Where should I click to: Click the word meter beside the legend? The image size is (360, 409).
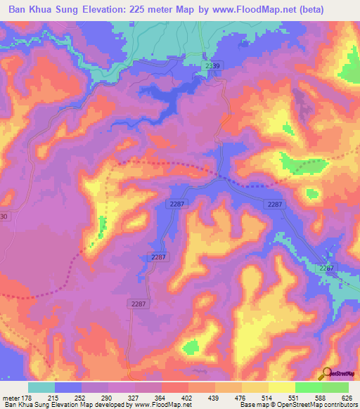click(11, 397)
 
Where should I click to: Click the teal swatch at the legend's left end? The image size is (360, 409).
click(41, 387)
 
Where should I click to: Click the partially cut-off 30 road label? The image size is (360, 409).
click(4, 216)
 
